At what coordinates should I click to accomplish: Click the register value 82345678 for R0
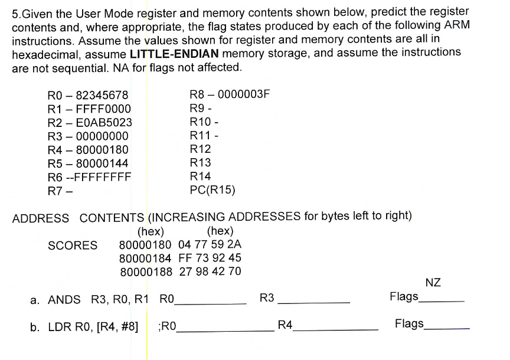[x=99, y=96]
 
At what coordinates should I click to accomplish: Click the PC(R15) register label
[x=212, y=189]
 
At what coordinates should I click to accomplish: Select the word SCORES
[x=73, y=246]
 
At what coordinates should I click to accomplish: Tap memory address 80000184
[x=146, y=258]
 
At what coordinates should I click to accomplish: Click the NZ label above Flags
[x=433, y=283]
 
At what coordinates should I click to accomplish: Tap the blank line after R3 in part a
[x=314, y=302]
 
